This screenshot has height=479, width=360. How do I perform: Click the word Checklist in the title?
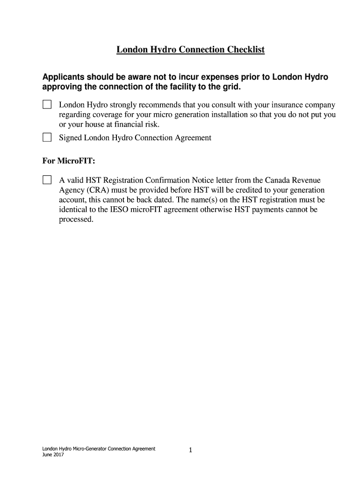pos(245,50)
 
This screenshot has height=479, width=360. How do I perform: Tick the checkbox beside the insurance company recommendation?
pos(47,104)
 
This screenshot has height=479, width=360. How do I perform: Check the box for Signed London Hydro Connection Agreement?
pos(47,138)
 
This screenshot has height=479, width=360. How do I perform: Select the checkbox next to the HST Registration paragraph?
pos(47,180)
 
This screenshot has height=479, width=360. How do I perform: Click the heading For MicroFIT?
pos(62,161)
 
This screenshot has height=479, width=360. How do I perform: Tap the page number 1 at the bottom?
pos(191,450)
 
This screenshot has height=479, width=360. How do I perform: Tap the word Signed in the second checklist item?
pos(70,138)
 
